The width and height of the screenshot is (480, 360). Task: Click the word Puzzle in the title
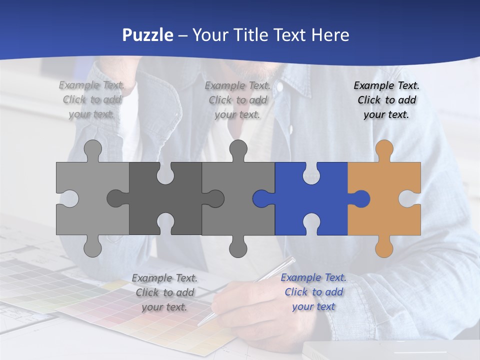tap(148, 35)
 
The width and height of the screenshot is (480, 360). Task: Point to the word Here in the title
tap(329, 35)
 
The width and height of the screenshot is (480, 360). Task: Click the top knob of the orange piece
tap(384, 149)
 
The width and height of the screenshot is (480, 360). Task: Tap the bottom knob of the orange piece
tap(384, 247)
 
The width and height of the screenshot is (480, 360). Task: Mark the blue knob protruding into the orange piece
tap(361, 198)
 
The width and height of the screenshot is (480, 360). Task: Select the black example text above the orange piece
tap(386, 100)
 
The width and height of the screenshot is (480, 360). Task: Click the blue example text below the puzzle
tap(313, 292)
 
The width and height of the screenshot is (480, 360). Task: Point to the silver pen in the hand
tap(250, 290)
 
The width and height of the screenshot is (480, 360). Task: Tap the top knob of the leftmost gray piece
tap(92, 149)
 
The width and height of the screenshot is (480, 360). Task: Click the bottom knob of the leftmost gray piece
tap(92, 247)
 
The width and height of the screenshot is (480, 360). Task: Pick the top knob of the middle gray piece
tap(238, 149)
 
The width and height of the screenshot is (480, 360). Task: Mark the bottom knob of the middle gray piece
tap(238, 247)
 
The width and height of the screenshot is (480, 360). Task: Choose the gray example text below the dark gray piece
tap(164, 292)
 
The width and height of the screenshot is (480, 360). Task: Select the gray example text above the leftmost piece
tap(91, 100)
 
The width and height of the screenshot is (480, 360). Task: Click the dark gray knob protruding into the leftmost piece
tap(116, 198)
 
